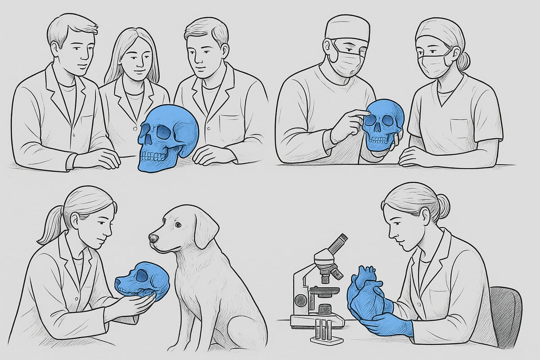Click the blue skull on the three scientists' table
coord(169,137)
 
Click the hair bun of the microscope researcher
coord(443,206)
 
